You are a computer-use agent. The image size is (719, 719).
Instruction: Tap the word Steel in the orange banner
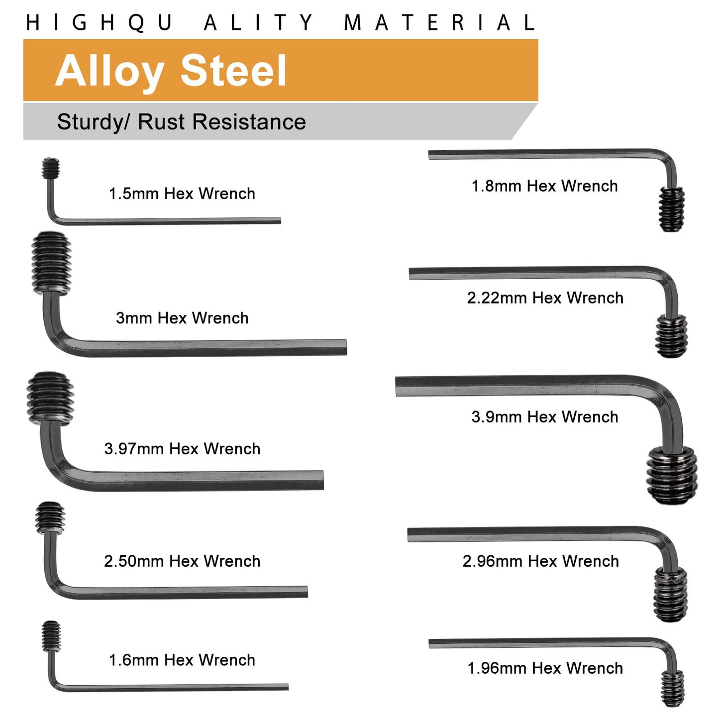pyautogui.click(x=233, y=70)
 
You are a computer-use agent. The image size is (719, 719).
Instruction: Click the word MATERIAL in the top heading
pyautogui.click(x=439, y=22)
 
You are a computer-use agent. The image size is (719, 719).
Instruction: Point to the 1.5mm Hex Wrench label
pyautogui.click(x=182, y=194)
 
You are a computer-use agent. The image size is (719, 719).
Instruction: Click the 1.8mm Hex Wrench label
pyautogui.click(x=545, y=186)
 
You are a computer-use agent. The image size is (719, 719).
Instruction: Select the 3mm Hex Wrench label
pyautogui.click(x=182, y=318)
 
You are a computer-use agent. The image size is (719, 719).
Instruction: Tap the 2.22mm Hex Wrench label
pyautogui.click(x=545, y=298)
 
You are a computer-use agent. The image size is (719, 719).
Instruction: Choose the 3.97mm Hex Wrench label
pyautogui.click(x=182, y=449)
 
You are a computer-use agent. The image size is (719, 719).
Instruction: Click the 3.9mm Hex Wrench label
pyautogui.click(x=545, y=417)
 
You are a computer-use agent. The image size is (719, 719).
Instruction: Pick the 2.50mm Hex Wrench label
pyautogui.click(x=182, y=561)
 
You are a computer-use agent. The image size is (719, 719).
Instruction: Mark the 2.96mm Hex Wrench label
pyautogui.click(x=541, y=561)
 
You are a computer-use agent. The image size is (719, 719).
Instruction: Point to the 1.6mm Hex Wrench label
pyautogui.click(x=182, y=660)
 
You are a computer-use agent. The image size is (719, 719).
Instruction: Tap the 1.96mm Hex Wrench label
pyautogui.click(x=545, y=668)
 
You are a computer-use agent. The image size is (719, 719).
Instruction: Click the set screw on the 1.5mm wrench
pyautogui.click(x=50, y=168)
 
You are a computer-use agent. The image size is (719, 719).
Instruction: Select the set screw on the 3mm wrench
pyautogui.click(x=51, y=264)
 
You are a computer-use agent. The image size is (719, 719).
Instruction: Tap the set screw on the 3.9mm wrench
pyautogui.click(x=672, y=475)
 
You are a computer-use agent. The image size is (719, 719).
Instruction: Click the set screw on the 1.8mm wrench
pyautogui.click(x=671, y=209)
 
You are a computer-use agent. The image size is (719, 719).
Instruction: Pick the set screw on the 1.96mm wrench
pyautogui.click(x=673, y=689)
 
